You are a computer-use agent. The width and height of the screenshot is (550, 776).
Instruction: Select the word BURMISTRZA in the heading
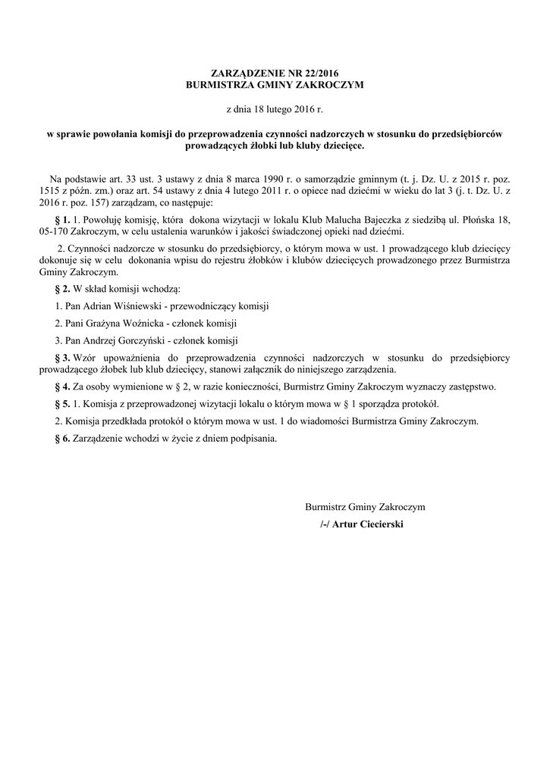click(220, 85)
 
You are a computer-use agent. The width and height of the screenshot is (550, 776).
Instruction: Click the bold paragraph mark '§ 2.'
click(62, 289)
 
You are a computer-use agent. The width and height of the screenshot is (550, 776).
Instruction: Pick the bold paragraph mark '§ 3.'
click(62, 357)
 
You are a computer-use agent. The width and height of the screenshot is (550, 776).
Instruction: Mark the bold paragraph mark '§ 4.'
click(62, 386)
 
